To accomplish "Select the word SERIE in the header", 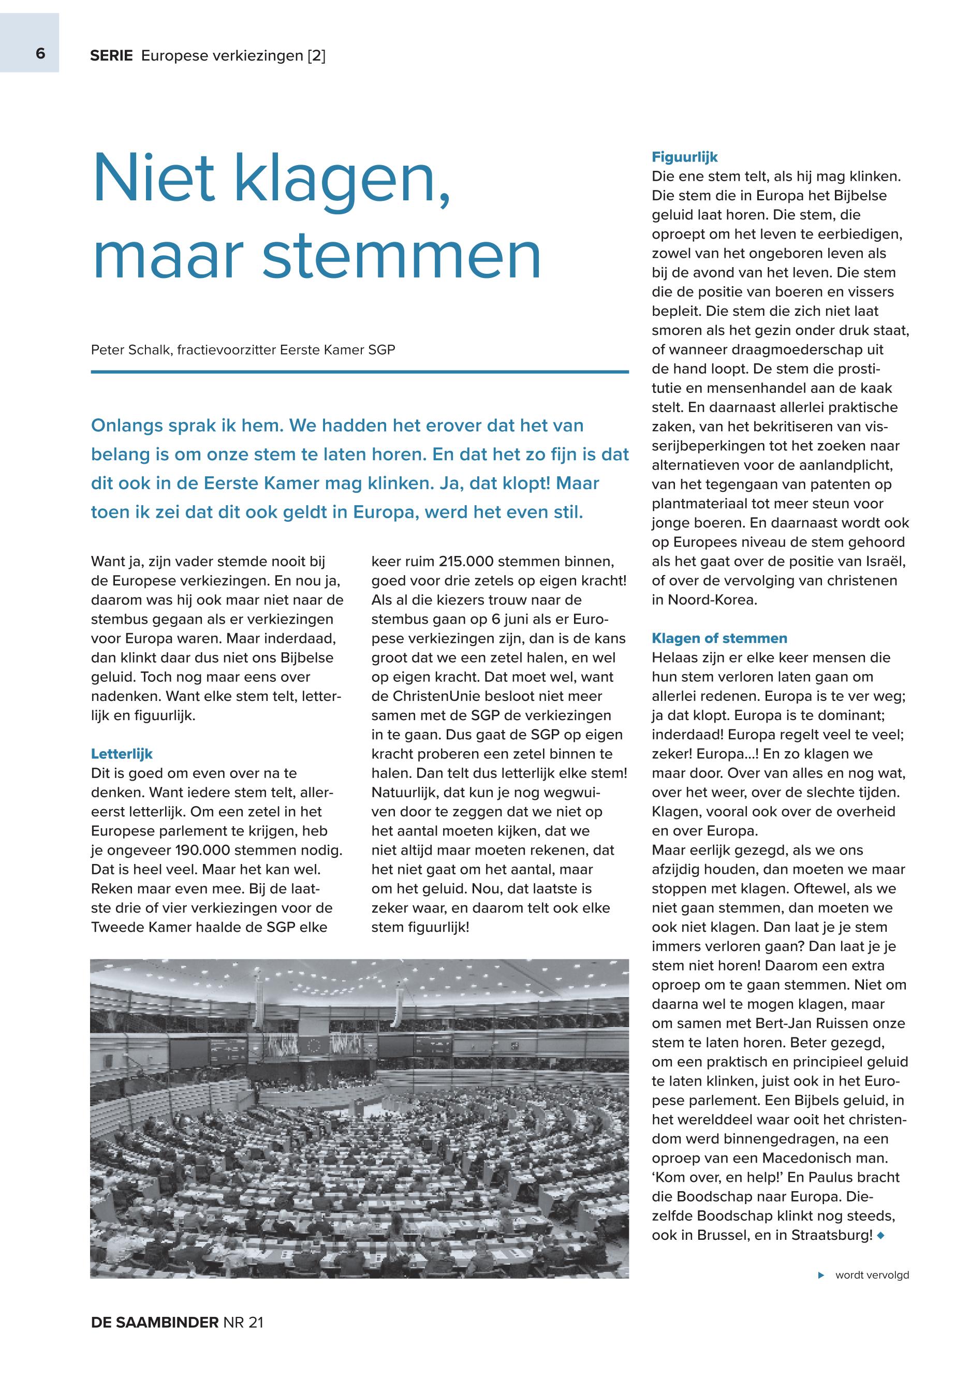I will click(111, 56).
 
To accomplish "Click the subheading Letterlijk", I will click(122, 754).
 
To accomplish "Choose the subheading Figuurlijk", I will click(684, 157).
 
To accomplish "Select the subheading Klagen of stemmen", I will click(719, 638).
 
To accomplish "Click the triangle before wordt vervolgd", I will click(821, 1275).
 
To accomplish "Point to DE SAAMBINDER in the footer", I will click(154, 1323).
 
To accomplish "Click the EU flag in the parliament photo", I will click(313, 1046).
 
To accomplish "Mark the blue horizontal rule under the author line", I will click(360, 372).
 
